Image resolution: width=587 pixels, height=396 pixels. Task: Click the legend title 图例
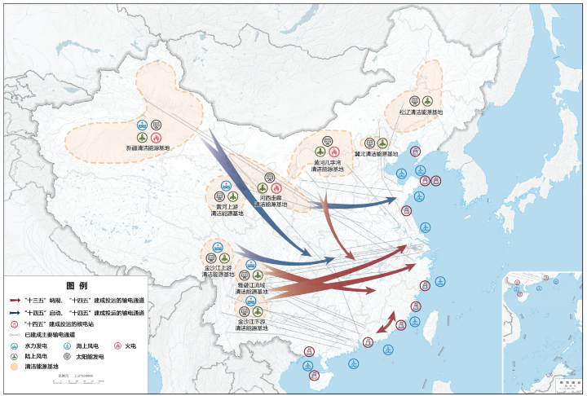pos(77,286)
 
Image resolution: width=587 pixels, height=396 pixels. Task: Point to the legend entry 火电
pos(130,345)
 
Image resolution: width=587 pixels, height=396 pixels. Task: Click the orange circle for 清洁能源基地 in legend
pos(14,367)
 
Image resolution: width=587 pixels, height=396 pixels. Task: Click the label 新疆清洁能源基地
pos(148,148)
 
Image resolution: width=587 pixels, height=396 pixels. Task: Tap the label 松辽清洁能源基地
pos(421,112)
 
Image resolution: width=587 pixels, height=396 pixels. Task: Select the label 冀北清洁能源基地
pos(376,153)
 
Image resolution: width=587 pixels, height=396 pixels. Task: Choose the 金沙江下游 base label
pos(251,324)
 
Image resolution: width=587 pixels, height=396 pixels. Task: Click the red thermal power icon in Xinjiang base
pos(156,137)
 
